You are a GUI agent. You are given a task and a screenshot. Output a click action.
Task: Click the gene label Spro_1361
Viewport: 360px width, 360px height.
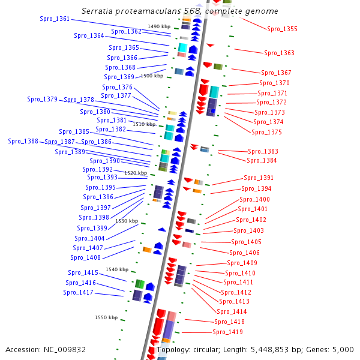pos(55,19)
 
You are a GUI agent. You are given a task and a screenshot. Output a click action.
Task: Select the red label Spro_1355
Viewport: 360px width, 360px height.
pos(282,29)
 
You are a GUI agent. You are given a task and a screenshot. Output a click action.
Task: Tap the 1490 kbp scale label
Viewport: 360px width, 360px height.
pos(159,26)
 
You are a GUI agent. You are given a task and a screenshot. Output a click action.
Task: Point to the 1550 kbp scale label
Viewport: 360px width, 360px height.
pos(106,317)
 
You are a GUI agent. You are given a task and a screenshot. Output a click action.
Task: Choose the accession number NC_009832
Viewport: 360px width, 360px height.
pos(65,350)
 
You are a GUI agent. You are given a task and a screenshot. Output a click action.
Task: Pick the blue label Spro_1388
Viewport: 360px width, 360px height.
pos(23,141)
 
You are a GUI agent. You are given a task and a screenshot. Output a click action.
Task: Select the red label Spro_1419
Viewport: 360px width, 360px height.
pos(227,332)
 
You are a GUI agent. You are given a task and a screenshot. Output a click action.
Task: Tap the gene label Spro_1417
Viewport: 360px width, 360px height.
pos(78,293)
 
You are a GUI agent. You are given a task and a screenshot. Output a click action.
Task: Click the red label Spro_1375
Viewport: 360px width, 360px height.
pos(266,132)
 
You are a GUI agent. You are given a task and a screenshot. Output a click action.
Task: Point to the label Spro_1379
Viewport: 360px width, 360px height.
pos(42,99)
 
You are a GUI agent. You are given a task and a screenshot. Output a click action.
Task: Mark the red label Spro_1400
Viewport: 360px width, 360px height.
pos(254,199)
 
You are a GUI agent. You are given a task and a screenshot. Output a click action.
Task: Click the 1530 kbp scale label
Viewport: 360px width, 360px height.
pos(127,221)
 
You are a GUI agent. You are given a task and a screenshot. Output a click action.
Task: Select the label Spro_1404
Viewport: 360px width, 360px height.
pos(89,238)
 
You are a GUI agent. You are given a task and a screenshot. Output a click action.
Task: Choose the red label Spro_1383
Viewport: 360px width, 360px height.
pos(263,151)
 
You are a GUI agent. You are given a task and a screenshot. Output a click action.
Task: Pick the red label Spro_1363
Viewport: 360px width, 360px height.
pos(279,53)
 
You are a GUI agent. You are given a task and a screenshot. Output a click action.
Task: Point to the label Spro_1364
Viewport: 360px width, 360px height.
pos(89,35)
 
